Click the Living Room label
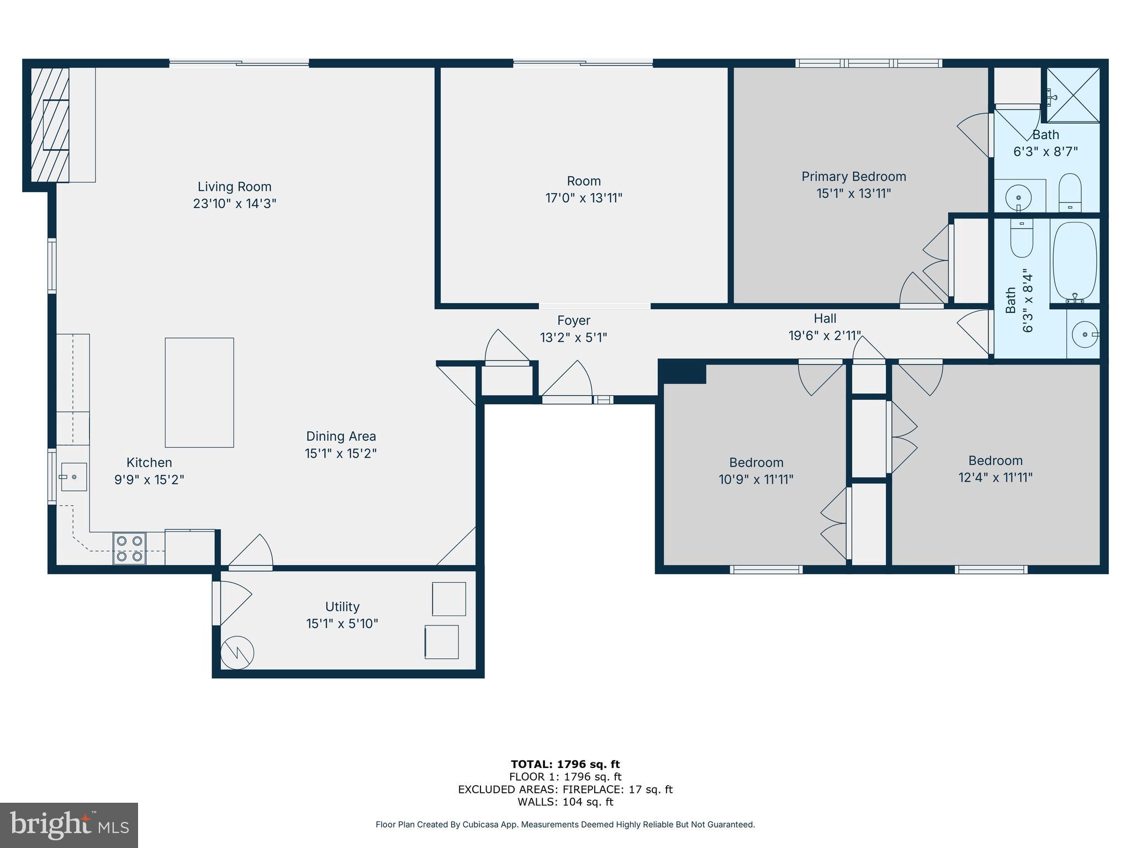point(234,187)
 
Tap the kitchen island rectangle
point(199,393)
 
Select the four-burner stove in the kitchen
point(130,548)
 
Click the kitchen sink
point(73,477)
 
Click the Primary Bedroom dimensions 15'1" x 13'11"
point(854,193)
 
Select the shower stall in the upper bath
point(1073,94)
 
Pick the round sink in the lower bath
point(1085,335)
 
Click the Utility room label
point(342,607)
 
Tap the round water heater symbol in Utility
point(237,653)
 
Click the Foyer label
point(573,320)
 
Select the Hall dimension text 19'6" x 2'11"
point(825,335)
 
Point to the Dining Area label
point(341,436)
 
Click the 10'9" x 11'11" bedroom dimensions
point(755,479)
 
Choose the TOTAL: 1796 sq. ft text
point(565,764)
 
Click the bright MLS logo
point(68,825)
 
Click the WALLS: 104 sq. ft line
point(565,802)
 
